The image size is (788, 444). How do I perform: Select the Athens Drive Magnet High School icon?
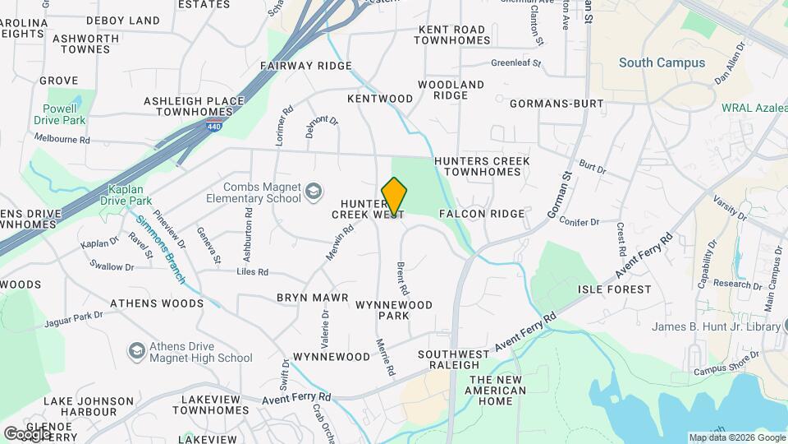coord(136,351)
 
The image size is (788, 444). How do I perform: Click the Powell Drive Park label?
coord(60,113)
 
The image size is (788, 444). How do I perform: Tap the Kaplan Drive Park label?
coord(126,194)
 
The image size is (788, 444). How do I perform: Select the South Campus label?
coord(662,62)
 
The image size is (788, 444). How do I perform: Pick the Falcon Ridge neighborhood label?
coord(481,214)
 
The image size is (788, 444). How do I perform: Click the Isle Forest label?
coord(614,289)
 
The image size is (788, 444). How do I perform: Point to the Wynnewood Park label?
coord(394,310)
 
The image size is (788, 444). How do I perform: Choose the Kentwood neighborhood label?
coord(380,99)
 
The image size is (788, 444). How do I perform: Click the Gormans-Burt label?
coord(556,104)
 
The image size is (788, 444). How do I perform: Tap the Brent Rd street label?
coord(402,279)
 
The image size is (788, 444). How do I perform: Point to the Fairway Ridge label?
coord(305,65)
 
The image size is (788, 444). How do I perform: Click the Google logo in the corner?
coord(27,432)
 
